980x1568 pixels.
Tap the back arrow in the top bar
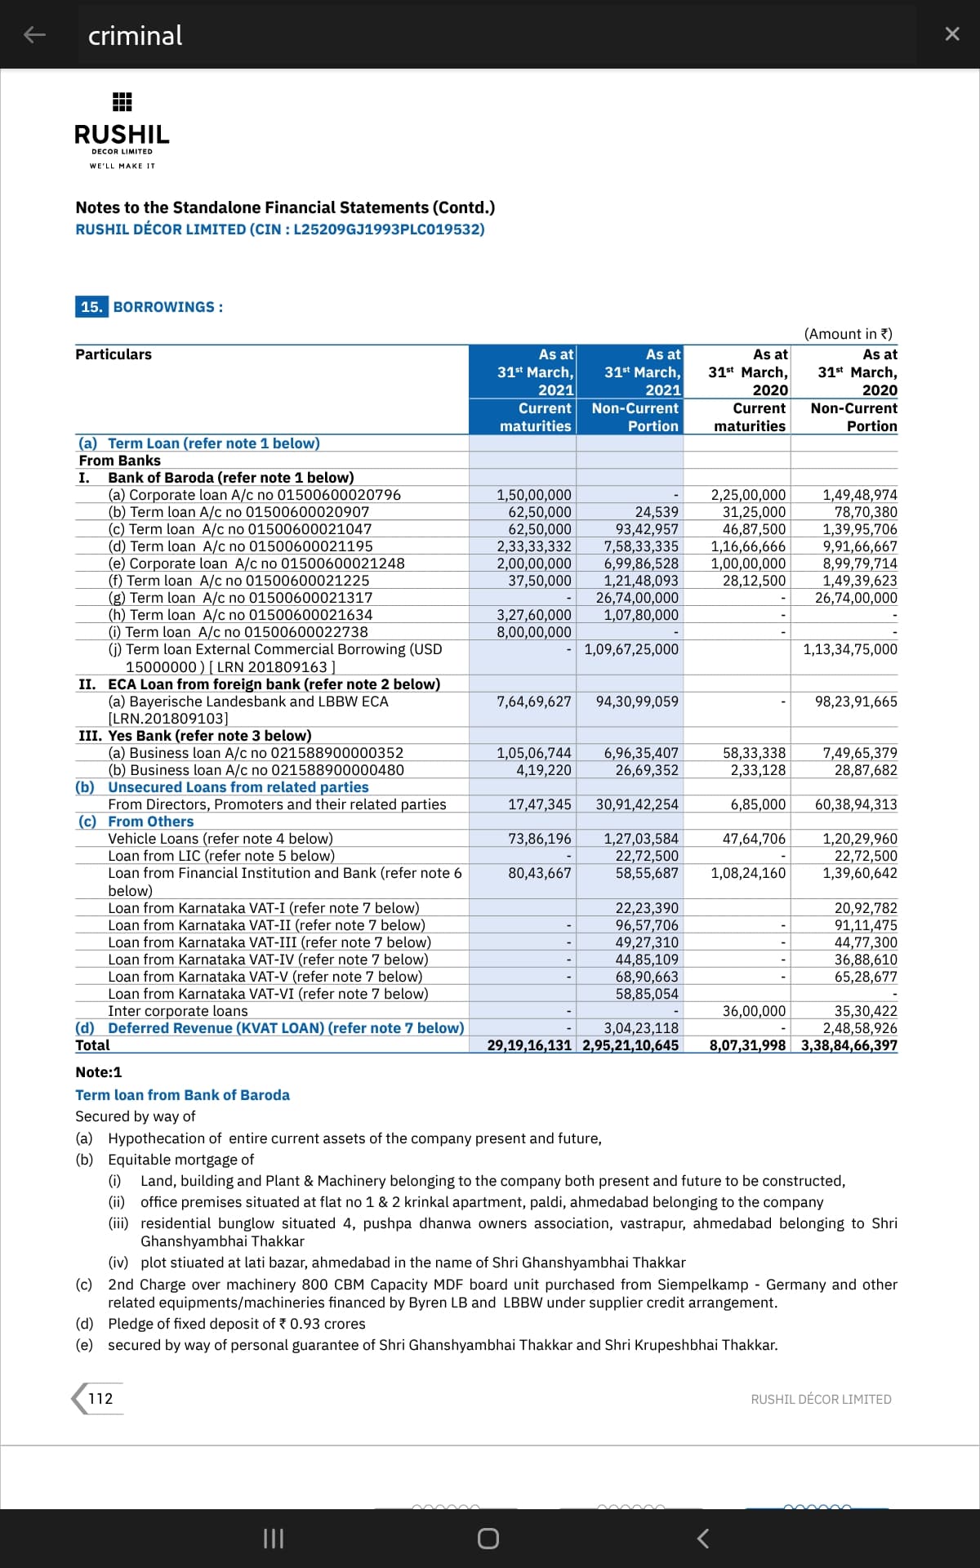point(34,34)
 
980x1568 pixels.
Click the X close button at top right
point(951,34)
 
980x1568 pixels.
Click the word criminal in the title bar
point(135,36)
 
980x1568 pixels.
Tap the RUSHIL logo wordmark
point(122,134)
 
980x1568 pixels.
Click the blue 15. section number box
point(91,307)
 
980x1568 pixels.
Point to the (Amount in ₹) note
point(848,334)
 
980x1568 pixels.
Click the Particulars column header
point(114,354)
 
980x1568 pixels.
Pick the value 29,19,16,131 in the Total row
point(529,1045)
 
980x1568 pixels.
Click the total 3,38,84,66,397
point(849,1045)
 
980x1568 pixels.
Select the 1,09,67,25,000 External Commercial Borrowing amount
point(631,649)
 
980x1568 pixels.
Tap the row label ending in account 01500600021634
point(240,615)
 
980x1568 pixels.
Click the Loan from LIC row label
point(221,856)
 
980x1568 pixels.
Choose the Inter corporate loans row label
point(178,1011)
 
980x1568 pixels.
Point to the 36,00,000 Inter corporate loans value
point(754,1011)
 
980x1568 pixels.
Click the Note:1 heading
point(98,1072)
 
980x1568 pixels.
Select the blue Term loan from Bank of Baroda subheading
point(182,1095)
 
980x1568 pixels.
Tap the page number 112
point(100,1398)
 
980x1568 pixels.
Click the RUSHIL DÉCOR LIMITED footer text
point(821,1399)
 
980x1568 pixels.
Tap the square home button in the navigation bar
point(488,1539)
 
